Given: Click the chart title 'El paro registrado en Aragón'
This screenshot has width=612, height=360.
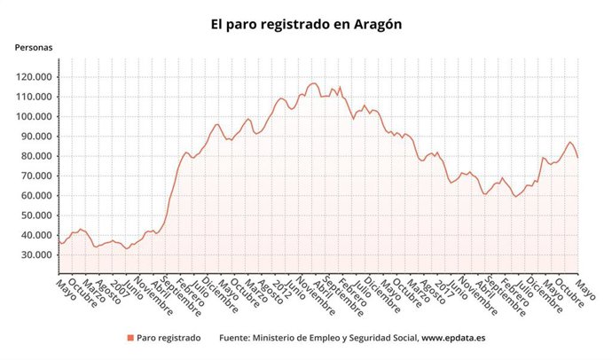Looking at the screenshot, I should (306, 25).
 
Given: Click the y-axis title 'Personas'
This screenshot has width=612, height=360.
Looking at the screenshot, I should (33, 48).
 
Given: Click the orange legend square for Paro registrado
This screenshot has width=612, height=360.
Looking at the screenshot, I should (129, 338).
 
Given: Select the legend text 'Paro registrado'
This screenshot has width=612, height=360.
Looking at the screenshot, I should (169, 338).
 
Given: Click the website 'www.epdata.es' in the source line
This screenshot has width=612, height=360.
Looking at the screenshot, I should (453, 338).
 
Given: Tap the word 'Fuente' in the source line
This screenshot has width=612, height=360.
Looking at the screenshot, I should (236, 338).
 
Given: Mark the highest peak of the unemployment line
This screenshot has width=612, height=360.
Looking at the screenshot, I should (314, 83).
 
